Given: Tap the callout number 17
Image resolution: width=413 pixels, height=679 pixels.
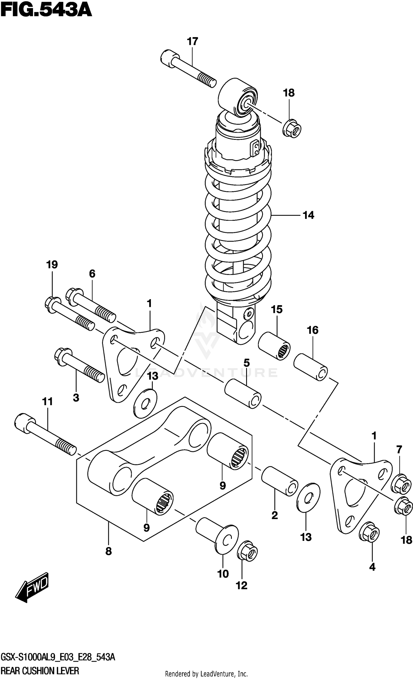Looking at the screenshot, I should pos(192,41).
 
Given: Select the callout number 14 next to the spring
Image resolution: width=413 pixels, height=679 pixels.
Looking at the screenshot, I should pos(308,215).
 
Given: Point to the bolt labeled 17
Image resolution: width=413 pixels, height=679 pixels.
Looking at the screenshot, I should pos(188,69).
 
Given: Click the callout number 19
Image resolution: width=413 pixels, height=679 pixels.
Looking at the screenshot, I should pos(52,264).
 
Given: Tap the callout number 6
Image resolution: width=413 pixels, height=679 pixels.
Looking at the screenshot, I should pos(92,274).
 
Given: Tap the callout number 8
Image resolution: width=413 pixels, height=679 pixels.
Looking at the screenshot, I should pos(108,551).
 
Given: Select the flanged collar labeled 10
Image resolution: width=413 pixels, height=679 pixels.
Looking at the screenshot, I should pos(217,535).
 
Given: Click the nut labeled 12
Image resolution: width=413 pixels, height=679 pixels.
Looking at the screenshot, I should pos(247,551).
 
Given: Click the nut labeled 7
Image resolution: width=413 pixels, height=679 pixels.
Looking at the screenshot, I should pos(401,484).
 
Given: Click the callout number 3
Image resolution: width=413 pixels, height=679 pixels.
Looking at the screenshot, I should pos(76,397).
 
